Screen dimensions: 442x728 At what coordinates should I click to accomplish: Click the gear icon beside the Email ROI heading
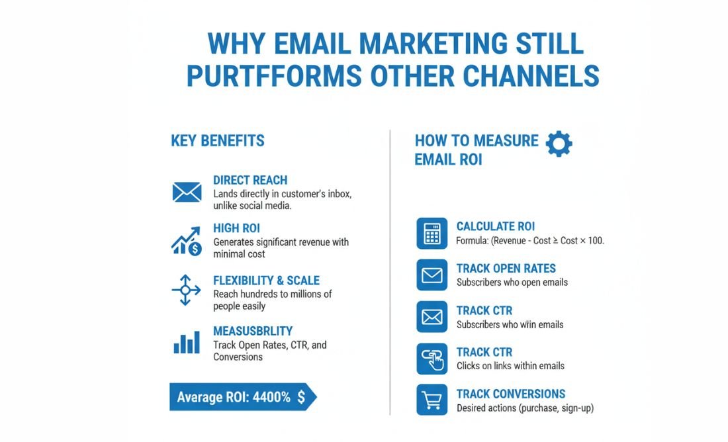[559, 144]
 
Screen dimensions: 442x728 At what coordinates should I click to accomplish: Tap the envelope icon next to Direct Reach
[187, 192]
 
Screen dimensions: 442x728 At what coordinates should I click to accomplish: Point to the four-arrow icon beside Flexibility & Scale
[185, 290]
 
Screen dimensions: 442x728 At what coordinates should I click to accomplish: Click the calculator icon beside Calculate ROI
[432, 234]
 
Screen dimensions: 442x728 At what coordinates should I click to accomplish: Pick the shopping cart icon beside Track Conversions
[432, 400]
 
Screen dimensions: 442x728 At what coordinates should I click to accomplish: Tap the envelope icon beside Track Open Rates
[432, 275]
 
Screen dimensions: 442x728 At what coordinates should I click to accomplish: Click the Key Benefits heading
[218, 141]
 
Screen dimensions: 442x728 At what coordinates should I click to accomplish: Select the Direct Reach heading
[250, 180]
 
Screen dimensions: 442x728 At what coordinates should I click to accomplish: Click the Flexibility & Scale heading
[266, 281]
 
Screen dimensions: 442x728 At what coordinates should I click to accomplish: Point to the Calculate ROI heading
[496, 227]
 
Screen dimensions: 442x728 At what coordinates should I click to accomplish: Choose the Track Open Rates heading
[506, 269]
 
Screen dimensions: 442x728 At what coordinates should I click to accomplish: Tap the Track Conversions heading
[511, 394]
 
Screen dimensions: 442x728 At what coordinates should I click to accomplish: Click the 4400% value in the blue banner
[271, 398]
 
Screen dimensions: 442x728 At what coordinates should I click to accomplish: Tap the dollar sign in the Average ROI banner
[301, 397]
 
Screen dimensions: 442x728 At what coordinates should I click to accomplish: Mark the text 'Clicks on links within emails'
[510, 366]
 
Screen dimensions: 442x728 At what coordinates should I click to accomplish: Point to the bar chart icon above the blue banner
[187, 342]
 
